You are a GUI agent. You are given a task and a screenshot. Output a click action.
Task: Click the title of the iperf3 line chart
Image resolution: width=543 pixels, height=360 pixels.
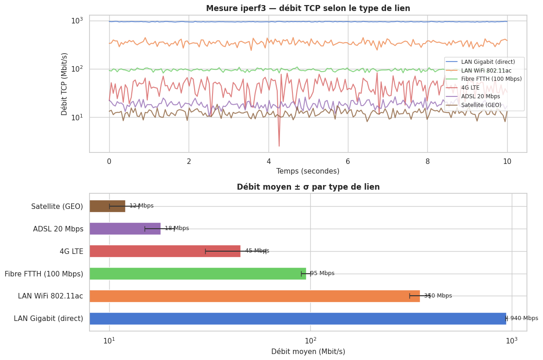302,8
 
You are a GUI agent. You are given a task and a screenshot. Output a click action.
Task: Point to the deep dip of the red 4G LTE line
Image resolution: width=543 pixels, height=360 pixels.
279,145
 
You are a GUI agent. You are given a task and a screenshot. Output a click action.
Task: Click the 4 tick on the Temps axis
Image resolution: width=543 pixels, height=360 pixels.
269,161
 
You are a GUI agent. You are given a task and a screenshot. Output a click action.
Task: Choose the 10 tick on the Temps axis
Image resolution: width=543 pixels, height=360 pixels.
507,161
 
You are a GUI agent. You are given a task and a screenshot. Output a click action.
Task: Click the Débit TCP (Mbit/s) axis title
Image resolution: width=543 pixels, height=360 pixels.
64,84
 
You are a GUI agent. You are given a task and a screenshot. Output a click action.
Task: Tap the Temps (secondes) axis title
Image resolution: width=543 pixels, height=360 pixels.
308,171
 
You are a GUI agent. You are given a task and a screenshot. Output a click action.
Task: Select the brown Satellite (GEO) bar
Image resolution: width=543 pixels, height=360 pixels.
107,206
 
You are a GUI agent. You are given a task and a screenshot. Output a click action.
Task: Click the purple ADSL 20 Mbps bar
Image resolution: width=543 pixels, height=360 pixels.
125,229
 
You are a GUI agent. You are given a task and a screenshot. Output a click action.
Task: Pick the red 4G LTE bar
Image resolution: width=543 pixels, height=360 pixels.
165,251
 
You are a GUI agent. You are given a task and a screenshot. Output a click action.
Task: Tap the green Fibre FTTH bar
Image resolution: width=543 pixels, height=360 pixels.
197,274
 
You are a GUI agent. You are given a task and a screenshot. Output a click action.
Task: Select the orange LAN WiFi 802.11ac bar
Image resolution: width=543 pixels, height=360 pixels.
254,296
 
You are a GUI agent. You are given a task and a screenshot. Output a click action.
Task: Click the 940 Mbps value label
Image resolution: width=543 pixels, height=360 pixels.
524,318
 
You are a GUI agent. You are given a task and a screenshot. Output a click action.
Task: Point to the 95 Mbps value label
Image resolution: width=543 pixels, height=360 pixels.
323,274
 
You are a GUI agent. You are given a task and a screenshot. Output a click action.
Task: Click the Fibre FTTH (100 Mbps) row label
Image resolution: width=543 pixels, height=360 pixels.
44,274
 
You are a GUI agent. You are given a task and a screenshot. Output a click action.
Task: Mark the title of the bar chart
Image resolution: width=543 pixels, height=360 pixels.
308,187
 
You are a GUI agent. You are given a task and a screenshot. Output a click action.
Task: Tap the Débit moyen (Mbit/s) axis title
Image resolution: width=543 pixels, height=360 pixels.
308,352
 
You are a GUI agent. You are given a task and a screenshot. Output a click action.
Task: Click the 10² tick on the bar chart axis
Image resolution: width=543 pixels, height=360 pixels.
310,341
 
